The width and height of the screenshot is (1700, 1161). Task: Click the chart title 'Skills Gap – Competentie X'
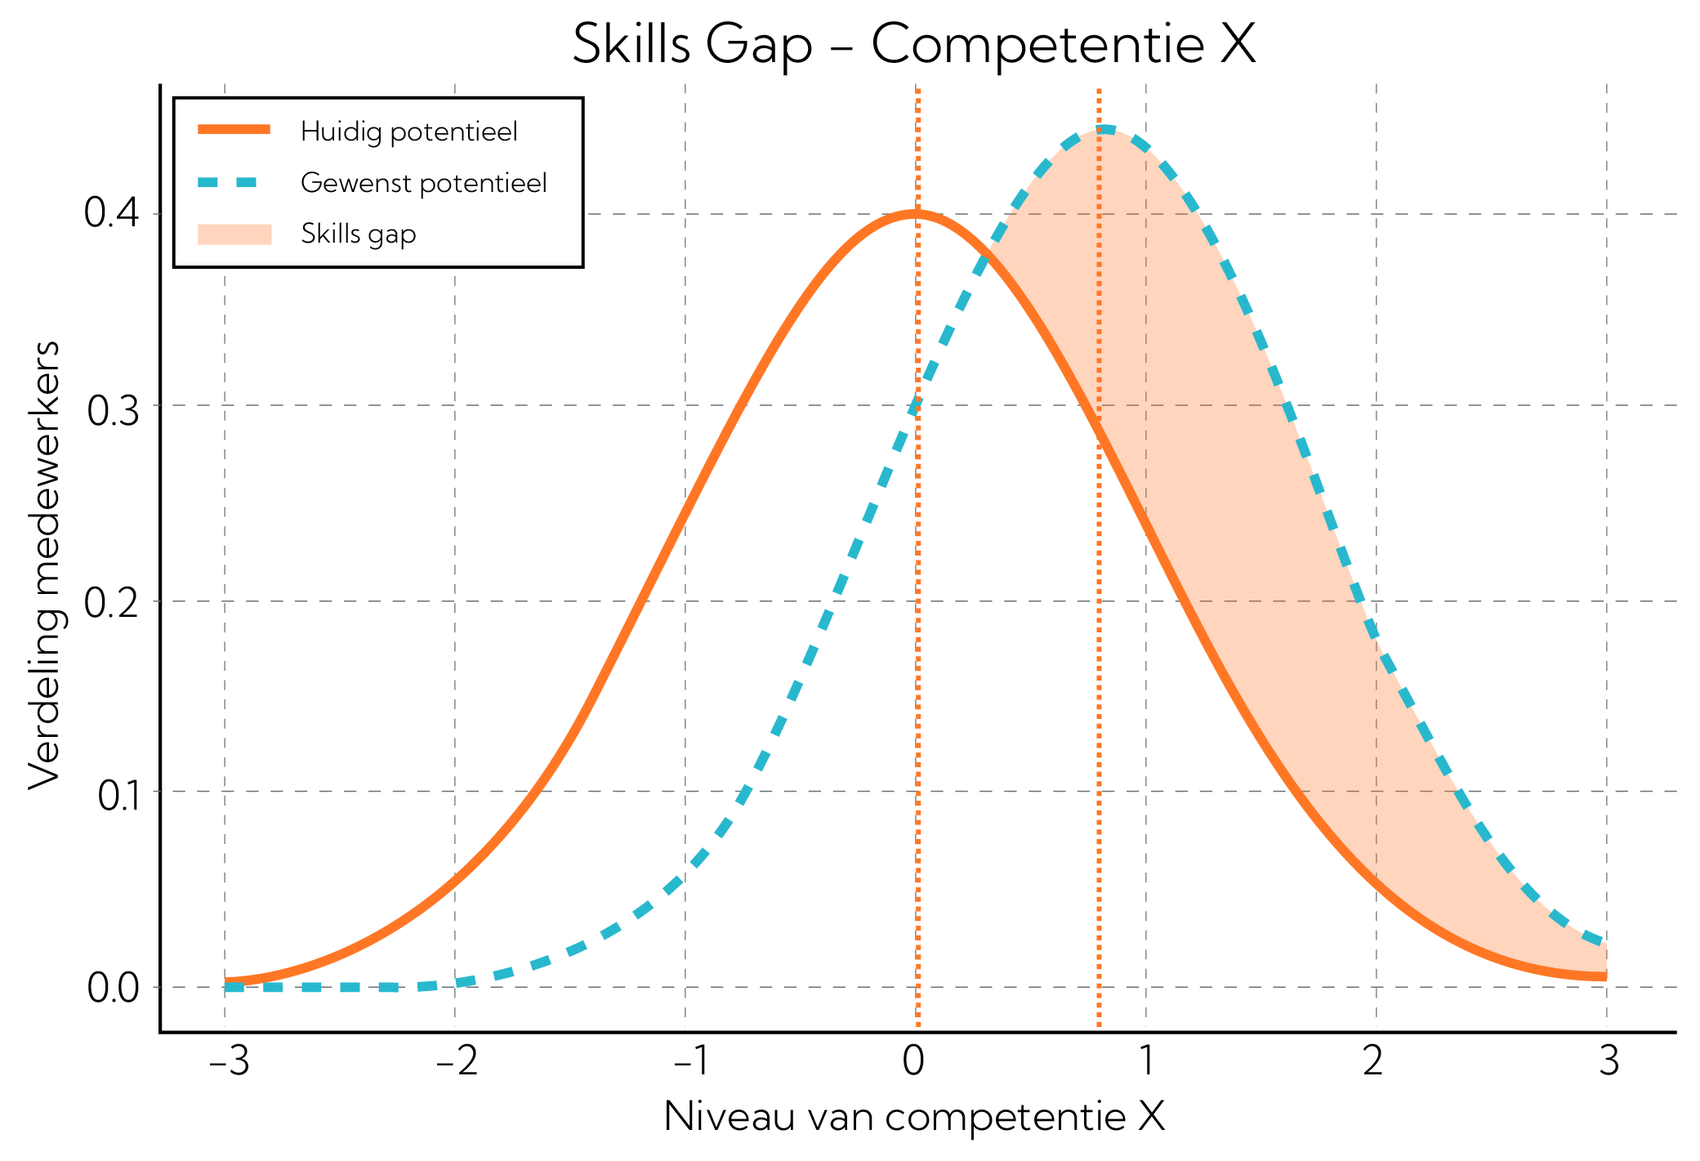913,44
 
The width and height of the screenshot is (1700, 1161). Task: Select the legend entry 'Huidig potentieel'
408,132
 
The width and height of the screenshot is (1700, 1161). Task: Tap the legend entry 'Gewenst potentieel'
423,183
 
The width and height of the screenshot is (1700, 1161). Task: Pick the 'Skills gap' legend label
358,234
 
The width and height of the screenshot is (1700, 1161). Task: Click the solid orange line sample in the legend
234,129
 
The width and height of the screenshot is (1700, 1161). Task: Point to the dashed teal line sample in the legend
234,182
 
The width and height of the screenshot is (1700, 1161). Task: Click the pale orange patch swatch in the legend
234,234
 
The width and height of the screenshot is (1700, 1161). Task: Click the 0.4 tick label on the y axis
112,214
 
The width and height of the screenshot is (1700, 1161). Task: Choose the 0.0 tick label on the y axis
112,989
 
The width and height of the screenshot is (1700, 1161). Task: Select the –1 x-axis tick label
691,1061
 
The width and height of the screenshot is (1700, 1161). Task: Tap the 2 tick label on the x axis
1373,1061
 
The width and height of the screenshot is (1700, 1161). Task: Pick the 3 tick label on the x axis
1608,1061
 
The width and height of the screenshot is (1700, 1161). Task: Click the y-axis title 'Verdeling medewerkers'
45,565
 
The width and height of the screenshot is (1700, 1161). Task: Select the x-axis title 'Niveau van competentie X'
914,1116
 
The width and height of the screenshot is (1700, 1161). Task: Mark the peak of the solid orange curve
915,215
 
